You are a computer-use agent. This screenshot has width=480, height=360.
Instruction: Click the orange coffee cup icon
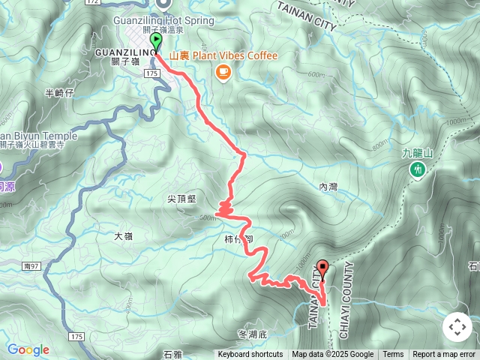[x=222, y=71]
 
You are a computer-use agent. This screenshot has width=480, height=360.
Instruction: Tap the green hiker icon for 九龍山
[x=418, y=170]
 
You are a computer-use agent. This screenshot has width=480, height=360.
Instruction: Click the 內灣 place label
[x=328, y=186]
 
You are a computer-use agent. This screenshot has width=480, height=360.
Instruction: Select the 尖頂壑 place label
[x=181, y=199]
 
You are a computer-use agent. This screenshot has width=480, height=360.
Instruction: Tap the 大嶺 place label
[x=123, y=236]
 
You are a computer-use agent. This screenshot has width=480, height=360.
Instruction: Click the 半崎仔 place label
[x=60, y=93]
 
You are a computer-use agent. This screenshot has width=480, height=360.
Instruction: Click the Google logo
[x=28, y=349]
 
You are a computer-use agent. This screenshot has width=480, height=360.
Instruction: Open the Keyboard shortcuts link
[x=250, y=355]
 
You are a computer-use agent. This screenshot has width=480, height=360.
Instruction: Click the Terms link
[x=393, y=355]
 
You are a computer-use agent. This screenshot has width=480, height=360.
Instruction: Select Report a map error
[x=444, y=355]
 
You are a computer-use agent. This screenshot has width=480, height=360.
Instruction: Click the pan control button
[x=457, y=327]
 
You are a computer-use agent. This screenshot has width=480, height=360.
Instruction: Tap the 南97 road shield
[x=31, y=265]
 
